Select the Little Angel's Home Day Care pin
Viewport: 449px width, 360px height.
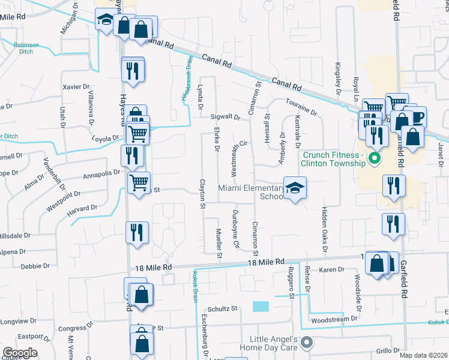click(307, 343)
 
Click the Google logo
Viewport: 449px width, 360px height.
click(20, 352)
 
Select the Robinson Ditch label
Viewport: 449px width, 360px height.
click(26, 49)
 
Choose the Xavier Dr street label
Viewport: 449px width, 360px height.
click(76, 87)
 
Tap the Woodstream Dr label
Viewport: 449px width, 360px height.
click(331, 320)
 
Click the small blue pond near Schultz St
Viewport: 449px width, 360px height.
click(261, 306)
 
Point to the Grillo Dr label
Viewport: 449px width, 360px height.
click(388, 350)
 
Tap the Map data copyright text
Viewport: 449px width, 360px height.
click(423, 355)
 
